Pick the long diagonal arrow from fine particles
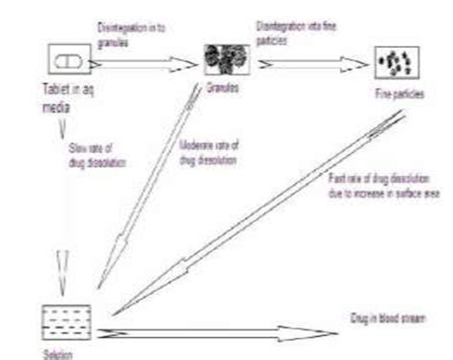coord(258,210)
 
